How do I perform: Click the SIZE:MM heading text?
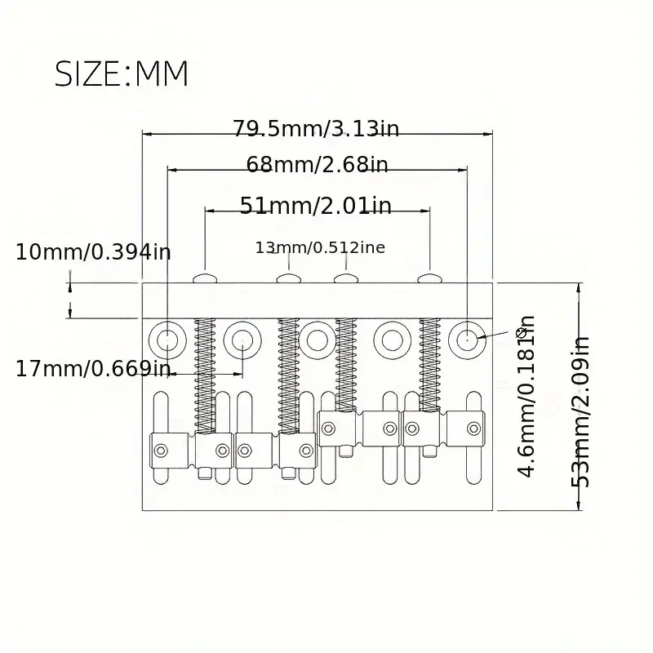[121, 73]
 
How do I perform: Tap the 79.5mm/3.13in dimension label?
[316, 129]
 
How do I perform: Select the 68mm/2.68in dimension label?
[317, 165]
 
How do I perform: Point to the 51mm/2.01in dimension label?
[316, 206]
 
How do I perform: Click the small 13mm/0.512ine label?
[320, 247]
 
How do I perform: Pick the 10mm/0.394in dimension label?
[93, 252]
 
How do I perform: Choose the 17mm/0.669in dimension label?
[93, 369]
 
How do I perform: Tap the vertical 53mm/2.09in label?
[580, 412]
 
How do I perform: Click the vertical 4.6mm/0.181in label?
[526, 397]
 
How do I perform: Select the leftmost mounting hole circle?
[167, 340]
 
